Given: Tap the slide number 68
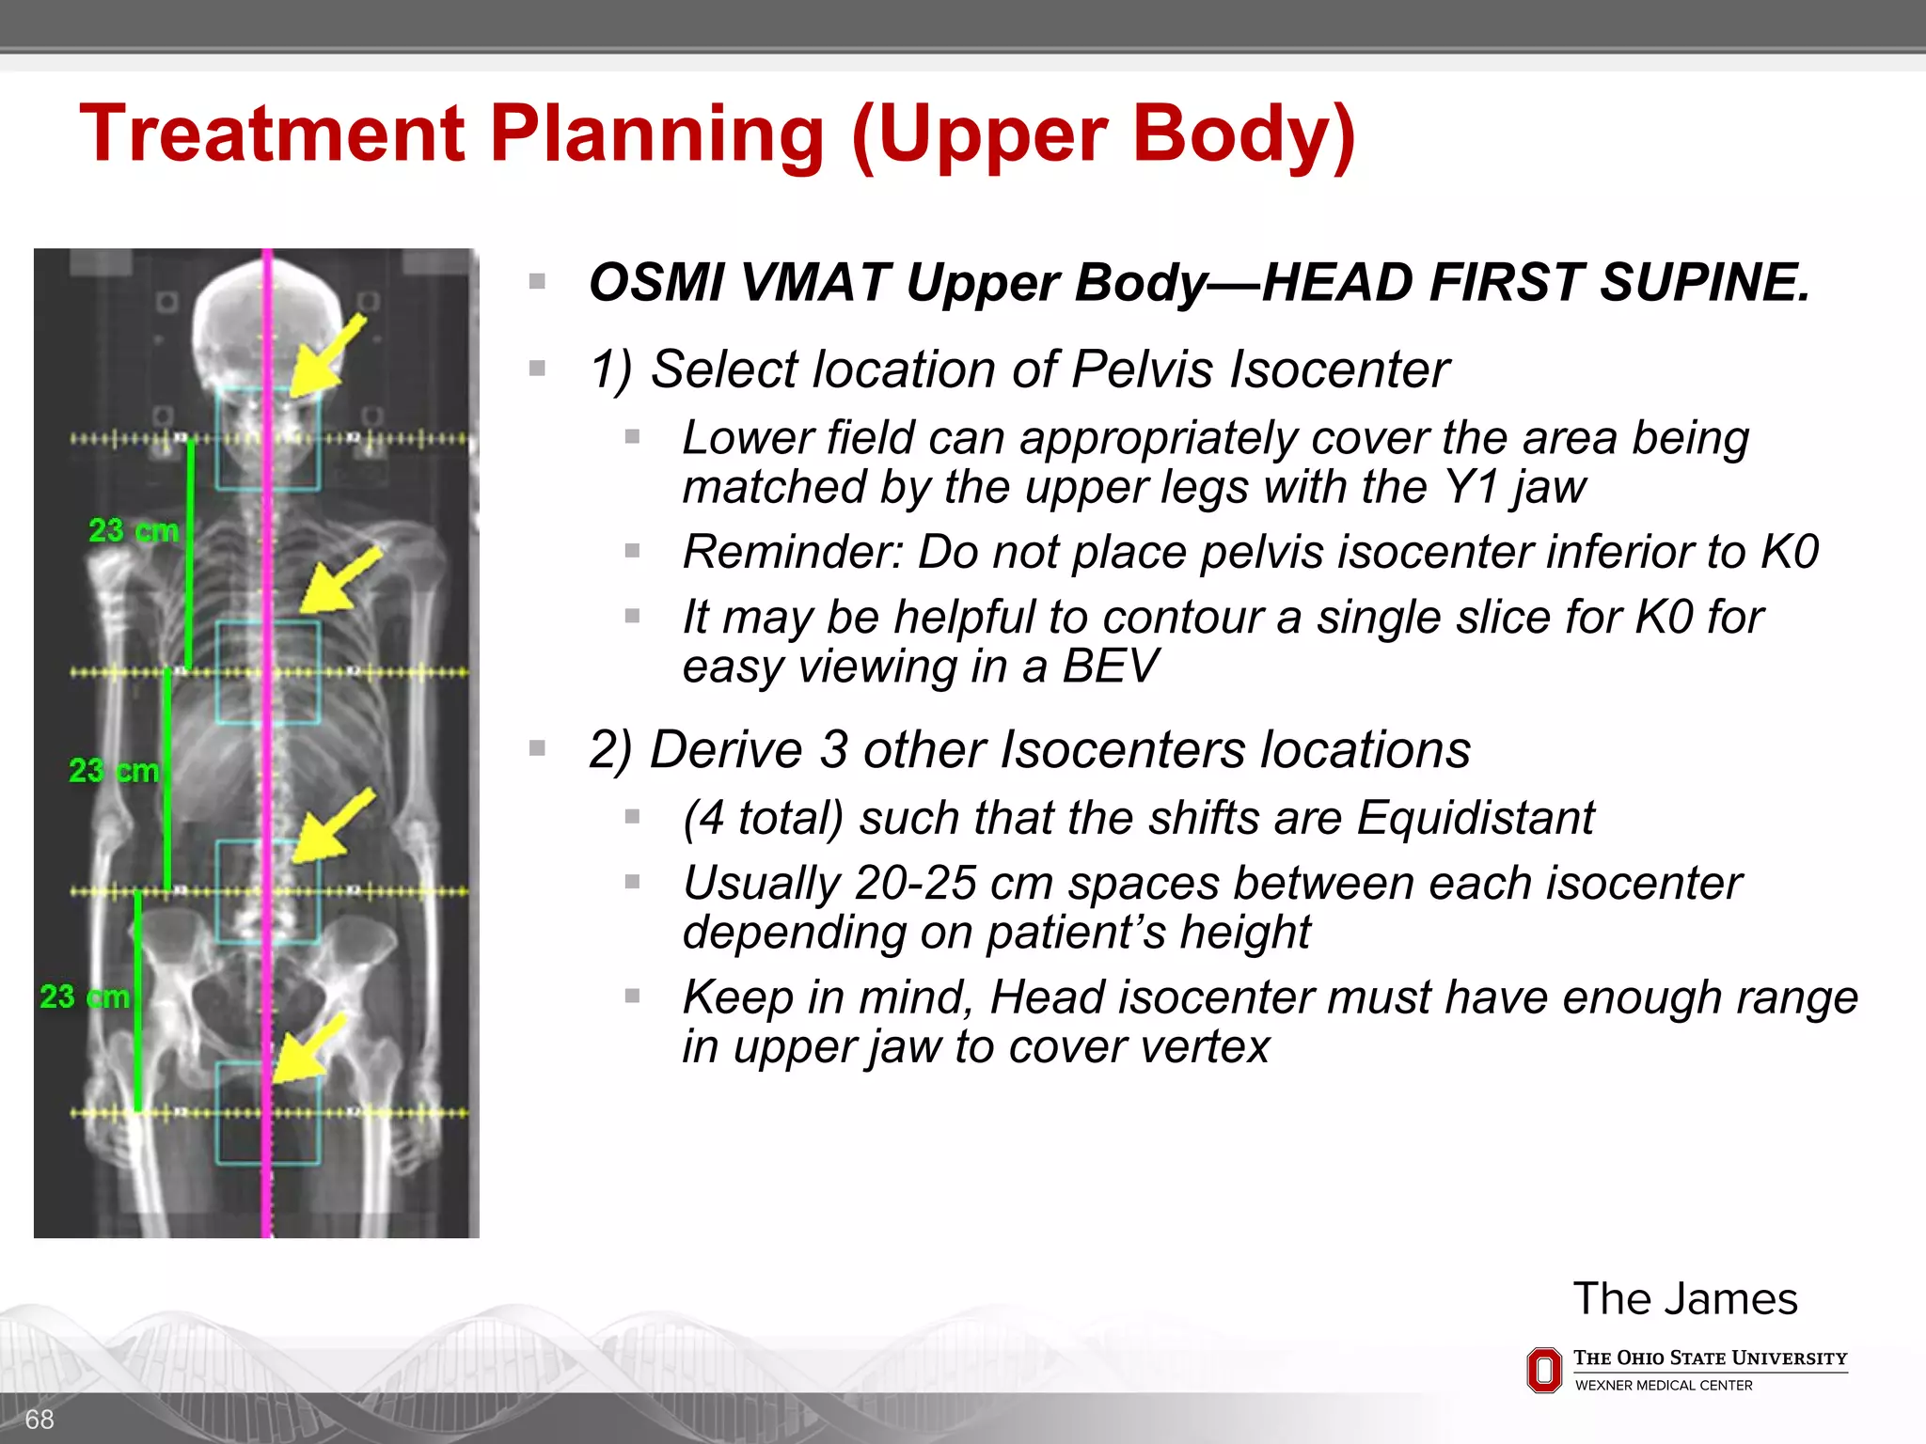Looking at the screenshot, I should tap(39, 1420).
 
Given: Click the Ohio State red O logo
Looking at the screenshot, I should tap(1543, 1370).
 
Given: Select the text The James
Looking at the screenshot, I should tap(1684, 1299).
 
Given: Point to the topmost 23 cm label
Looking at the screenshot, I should tap(134, 531).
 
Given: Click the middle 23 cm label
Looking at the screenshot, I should tap(114, 771).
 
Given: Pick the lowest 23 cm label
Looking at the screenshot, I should tap(85, 997).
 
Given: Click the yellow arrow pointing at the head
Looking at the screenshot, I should tap(326, 357).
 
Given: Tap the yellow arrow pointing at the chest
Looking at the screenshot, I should tap(339, 581).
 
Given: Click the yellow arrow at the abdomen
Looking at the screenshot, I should tap(333, 825).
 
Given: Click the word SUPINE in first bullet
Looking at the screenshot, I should tap(1705, 283).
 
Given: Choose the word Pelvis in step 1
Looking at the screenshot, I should tap(1142, 369).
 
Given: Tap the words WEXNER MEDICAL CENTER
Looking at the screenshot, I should tap(1663, 1386).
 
